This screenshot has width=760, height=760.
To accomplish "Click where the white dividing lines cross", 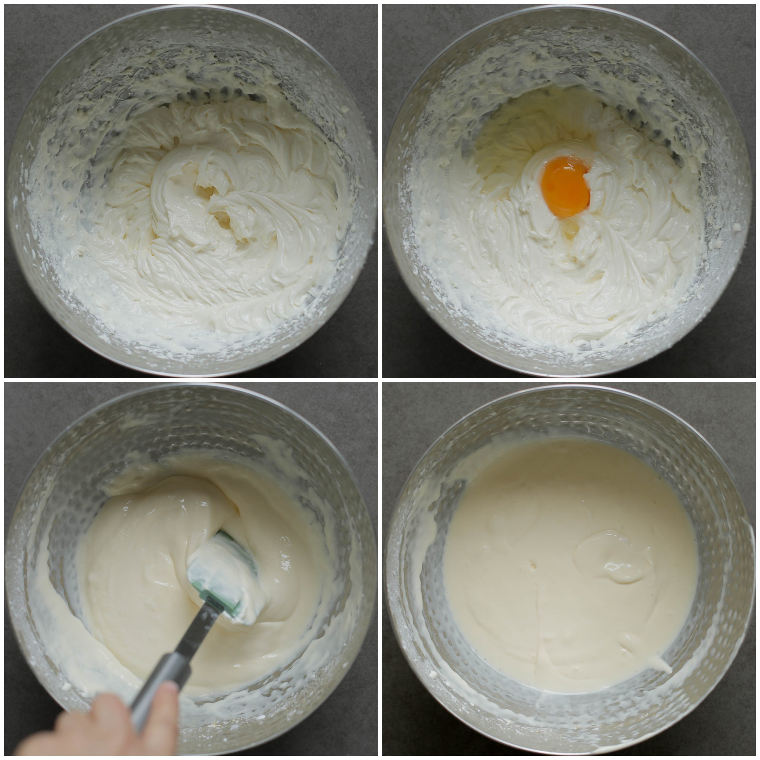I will (x=380, y=380).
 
